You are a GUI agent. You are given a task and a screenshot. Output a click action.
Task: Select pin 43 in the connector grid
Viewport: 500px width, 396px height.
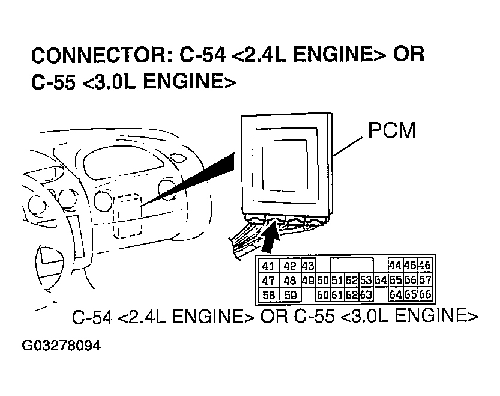pyautogui.click(x=308, y=266)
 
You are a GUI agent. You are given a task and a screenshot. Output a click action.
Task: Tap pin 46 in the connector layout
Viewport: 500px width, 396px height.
pyautogui.click(x=425, y=266)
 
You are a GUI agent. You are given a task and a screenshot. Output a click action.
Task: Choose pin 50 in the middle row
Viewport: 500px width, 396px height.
pyautogui.click(x=322, y=281)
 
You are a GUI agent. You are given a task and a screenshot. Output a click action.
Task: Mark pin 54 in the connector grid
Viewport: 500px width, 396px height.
pyautogui.click(x=380, y=281)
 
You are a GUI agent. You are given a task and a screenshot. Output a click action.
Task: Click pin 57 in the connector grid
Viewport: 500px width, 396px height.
pyautogui.click(x=425, y=281)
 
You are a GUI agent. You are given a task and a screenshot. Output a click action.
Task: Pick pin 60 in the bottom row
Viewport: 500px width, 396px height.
pyautogui.click(x=322, y=295)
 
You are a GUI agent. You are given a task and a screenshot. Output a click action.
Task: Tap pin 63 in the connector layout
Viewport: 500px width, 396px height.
pyautogui.click(x=366, y=295)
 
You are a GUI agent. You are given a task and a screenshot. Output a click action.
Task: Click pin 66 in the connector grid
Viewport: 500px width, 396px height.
pyautogui.click(x=425, y=295)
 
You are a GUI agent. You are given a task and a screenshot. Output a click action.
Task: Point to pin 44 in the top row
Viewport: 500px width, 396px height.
pyautogui.click(x=395, y=266)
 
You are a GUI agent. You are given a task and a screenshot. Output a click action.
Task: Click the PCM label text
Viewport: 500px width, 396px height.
pyautogui.click(x=391, y=131)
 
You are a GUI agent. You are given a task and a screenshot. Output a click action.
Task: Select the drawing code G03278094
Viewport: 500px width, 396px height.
pyautogui.click(x=61, y=347)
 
